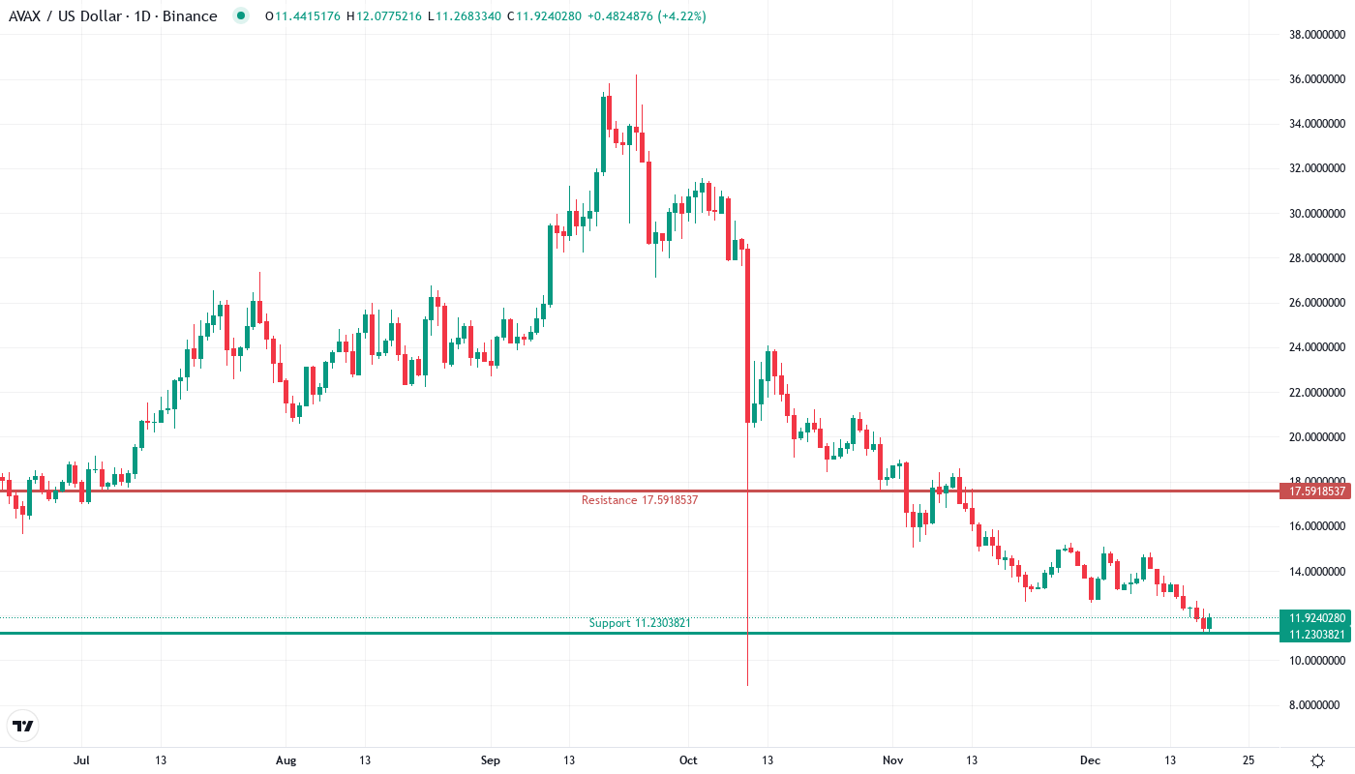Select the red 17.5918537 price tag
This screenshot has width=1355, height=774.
pyautogui.click(x=1317, y=491)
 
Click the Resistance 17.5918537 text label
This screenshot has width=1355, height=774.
pyautogui.click(x=639, y=500)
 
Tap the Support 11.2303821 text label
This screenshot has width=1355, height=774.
pyautogui.click(x=639, y=623)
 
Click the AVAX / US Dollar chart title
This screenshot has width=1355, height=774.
pyautogui.click(x=112, y=15)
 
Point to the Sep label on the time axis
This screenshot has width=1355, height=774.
pyautogui.click(x=490, y=760)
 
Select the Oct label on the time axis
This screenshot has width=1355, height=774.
pyautogui.click(x=688, y=760)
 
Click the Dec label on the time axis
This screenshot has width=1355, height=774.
pyautogui.click(x=1090, y=760)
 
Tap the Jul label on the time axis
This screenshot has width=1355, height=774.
pyautogui.click(x=81, y=760)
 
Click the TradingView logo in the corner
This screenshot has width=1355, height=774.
pyautogui.click(x=23, y=726)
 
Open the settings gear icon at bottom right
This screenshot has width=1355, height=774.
pyautogui.click(x=1317, y=760)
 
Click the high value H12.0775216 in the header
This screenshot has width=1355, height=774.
pyautogui.click(x=384, y=15)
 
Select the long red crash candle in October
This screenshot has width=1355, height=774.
pyautogui.click(x=747, y=339)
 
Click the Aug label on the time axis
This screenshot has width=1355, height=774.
pyautogui.click(x=286, y=760)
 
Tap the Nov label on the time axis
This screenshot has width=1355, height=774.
pyautogui.click(x=892, y=760)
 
